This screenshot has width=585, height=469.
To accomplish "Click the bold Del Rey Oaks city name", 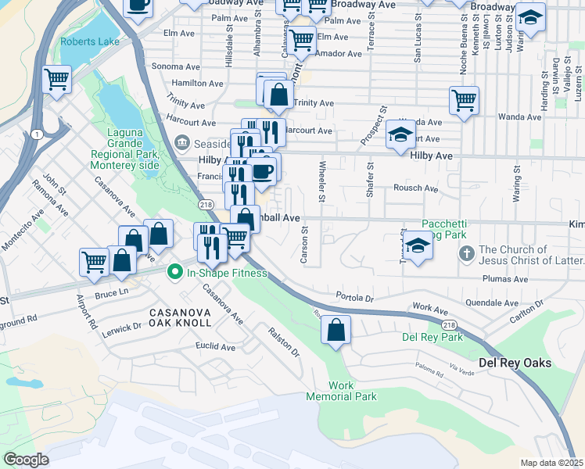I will (515, 363).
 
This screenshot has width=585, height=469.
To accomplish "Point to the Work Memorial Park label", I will (352, 391).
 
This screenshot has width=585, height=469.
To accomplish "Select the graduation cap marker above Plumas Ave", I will (418, 247).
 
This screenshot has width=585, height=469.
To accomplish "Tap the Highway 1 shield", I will (38, 134).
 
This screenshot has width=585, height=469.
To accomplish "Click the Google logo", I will (27, 459).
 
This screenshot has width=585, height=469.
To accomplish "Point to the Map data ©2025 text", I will (551, 463).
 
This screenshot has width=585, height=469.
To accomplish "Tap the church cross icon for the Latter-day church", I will (466, 254).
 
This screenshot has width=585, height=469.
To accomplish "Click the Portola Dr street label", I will (356, 298).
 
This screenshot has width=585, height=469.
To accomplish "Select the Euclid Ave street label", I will (217, 346).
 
